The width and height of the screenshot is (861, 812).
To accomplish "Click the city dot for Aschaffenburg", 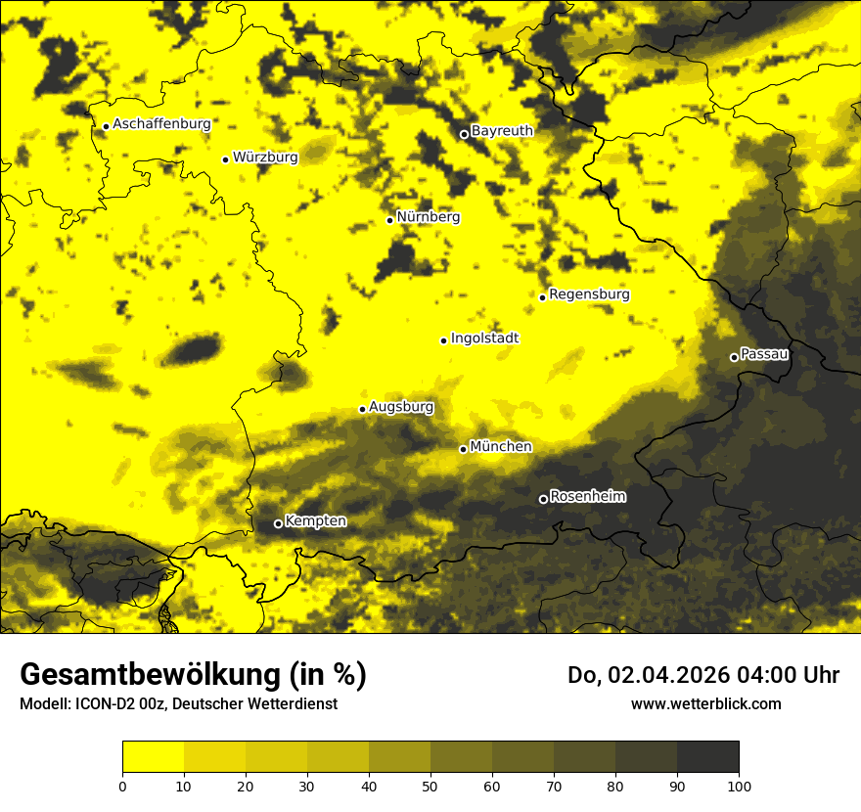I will tap(106, 126).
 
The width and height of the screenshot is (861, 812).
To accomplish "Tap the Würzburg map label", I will tap(265, 157).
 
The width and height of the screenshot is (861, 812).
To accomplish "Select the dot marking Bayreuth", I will tap(464, 134).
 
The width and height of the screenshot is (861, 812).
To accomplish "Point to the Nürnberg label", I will tap(429, 217).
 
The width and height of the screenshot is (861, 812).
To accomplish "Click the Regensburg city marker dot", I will tap(542, 297).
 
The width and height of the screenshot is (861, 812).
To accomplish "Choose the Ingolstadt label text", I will tap(485, 338).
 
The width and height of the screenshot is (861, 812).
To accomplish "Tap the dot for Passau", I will tap(734, 357).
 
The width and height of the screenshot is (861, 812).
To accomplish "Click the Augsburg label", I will tap(401, 407).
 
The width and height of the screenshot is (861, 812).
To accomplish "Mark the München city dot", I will tap(463, 449).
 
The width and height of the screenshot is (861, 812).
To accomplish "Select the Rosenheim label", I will tap(588, 497).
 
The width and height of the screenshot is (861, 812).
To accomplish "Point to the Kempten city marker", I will tap(278, 523).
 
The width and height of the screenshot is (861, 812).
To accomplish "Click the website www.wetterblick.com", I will tap(705, 703).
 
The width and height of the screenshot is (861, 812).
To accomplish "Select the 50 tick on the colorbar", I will tap(430, 786).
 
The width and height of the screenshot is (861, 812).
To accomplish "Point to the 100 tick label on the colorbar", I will tap(739, 786).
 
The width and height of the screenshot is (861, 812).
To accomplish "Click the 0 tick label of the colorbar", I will tap(122, 786).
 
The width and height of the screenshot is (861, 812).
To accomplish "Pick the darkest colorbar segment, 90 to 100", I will tap(707, 757).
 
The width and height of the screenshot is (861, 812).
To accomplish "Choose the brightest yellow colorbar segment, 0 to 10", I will tap(153, 757).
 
